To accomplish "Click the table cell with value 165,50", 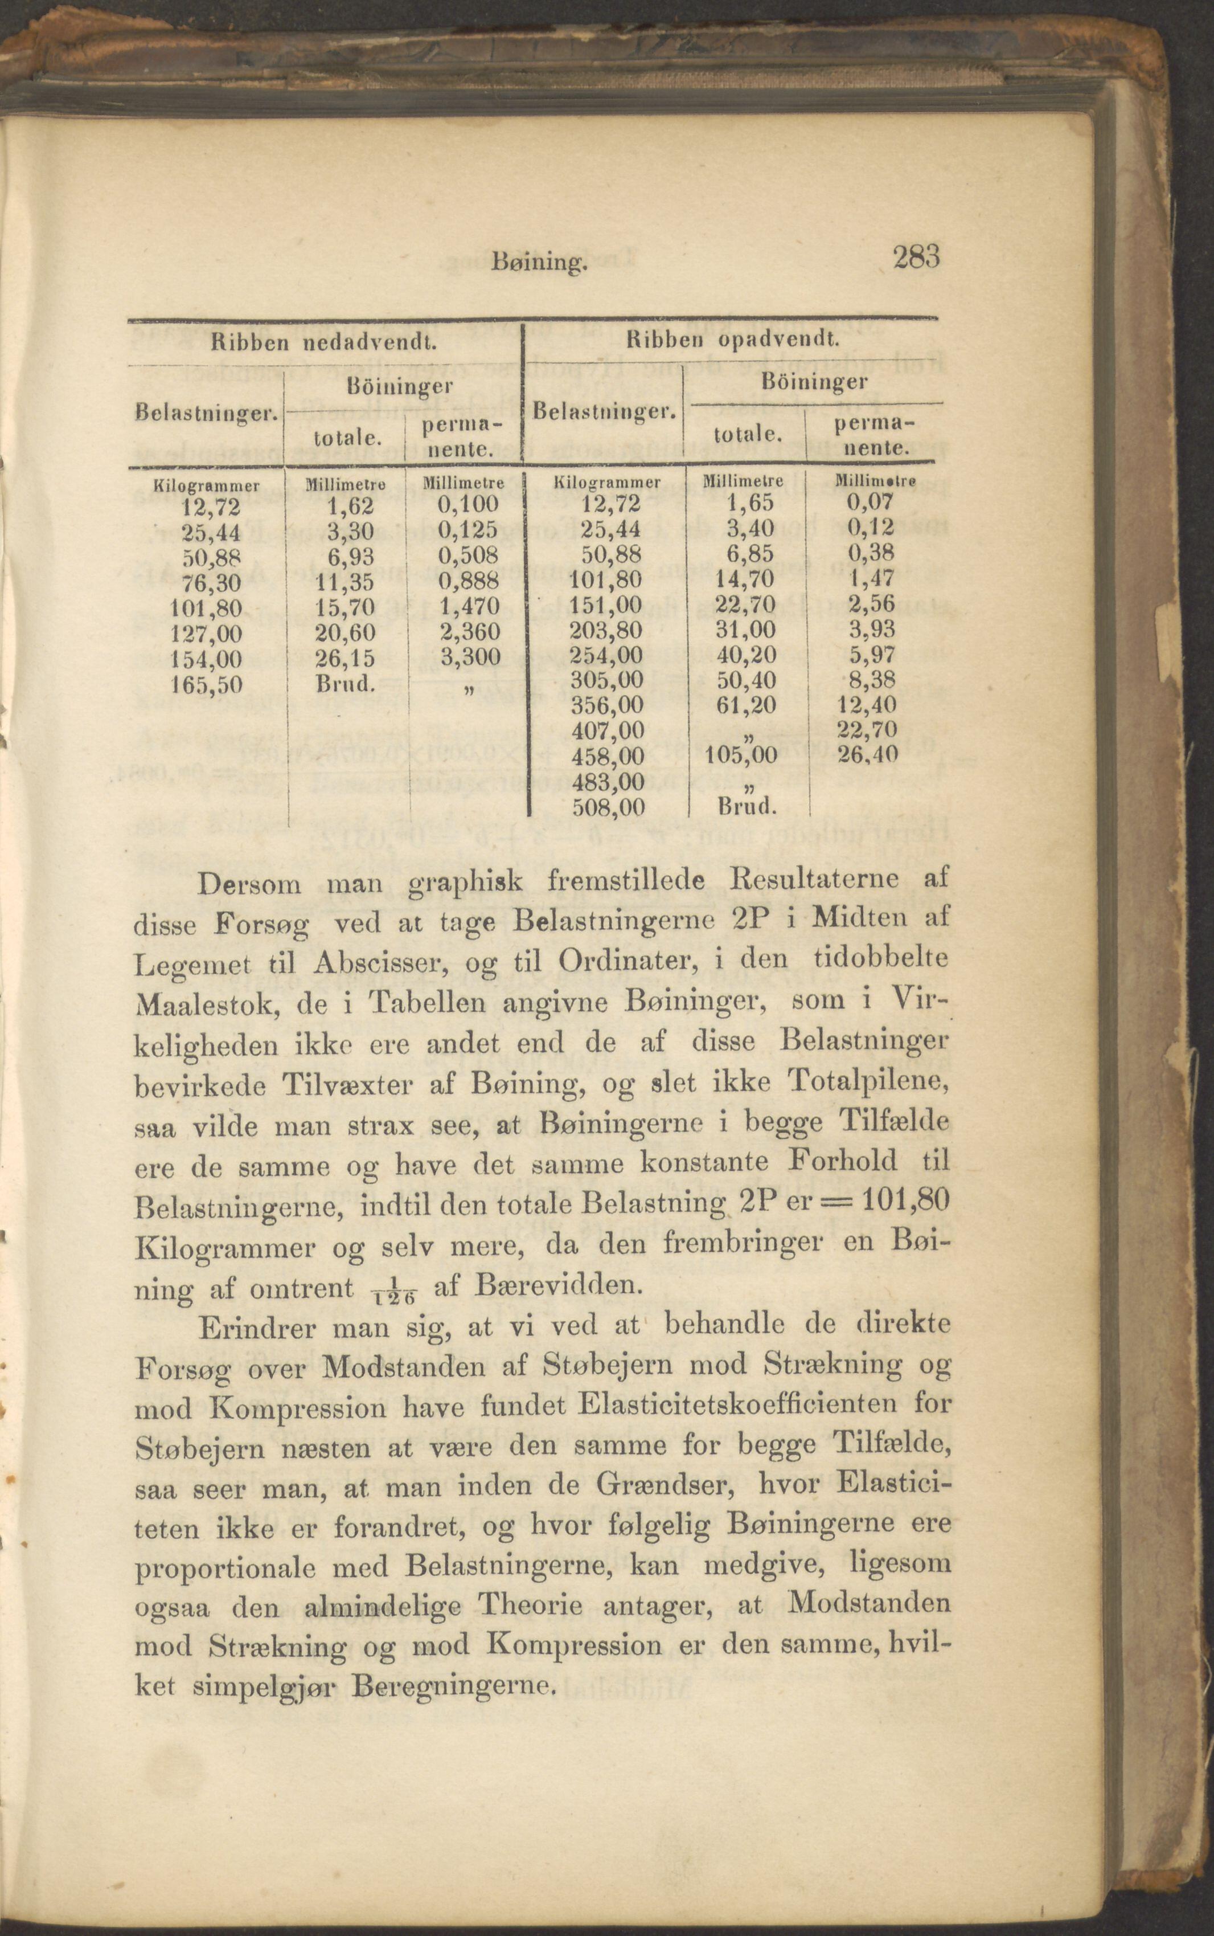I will tap(208, 684).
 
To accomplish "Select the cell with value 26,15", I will tap(344, 659).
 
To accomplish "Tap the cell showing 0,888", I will tap(468, 581).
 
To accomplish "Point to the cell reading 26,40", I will tap(867, 755).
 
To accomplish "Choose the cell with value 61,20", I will tap(746, 705).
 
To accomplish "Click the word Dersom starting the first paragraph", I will tap(249, 884).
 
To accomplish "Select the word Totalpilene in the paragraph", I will tap(868, 1082).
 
